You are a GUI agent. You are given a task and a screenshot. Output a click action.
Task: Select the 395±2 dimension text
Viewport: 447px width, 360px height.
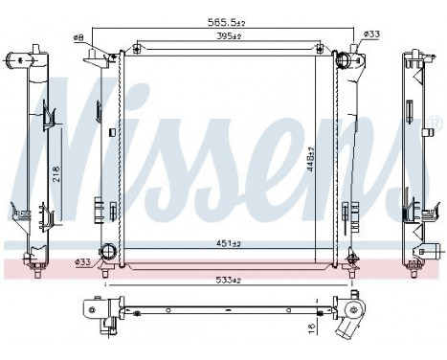coord(228,37)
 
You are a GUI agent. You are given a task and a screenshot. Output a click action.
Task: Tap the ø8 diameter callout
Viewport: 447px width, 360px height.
coord(78,37)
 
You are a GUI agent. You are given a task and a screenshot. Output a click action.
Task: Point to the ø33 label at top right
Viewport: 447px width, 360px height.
coord(372,35)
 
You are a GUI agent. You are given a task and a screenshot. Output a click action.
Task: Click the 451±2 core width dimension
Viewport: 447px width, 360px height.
coord(228,242)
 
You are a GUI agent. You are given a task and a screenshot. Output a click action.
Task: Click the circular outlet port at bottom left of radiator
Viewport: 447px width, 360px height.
coord(107,253)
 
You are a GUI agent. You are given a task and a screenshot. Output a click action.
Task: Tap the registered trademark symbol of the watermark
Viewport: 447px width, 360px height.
coord(434,124)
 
